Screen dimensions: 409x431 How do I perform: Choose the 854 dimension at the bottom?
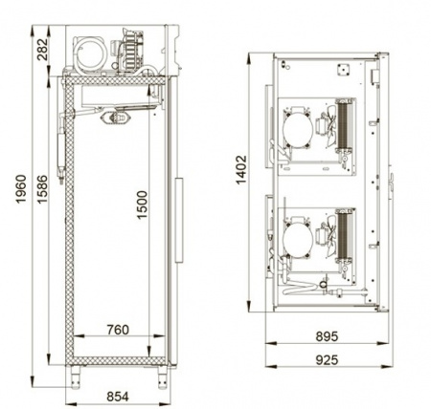point(116,394)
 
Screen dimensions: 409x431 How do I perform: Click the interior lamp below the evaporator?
point(122,117)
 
